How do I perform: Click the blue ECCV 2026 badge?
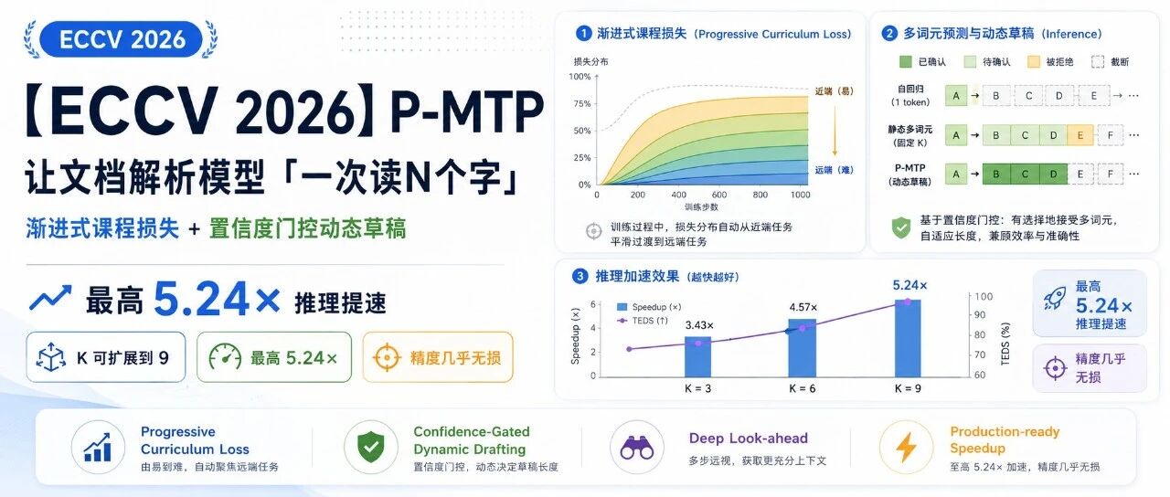[x=121, y=39]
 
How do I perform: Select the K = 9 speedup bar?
[x=908, y=338]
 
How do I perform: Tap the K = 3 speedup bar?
[x=697, y=356]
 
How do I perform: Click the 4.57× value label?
[x=803, y=307]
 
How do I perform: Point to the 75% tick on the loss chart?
[x=582, y=103]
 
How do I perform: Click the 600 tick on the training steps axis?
[x=719, y=195]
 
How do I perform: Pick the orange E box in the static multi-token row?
[x=1080, y=135]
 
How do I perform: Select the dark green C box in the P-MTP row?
[x=1025, y=174]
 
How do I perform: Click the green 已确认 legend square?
[x=905, y=61]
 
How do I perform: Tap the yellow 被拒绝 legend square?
[x=1033, y=61]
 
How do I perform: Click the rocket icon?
[x=1055, y=298]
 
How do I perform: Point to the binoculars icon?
[x=637, y=448]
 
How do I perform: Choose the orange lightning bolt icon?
[x=906, y=448]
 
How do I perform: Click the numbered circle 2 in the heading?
[x=889, y=34]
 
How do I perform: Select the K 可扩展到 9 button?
[x=106, y=357]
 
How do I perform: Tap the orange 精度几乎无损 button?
[x=438, y=357]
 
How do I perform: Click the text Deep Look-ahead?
[x=748, y=438]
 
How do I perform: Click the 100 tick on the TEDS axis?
[x=984, y=297]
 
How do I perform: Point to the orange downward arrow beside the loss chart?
[x=835, y=131]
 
